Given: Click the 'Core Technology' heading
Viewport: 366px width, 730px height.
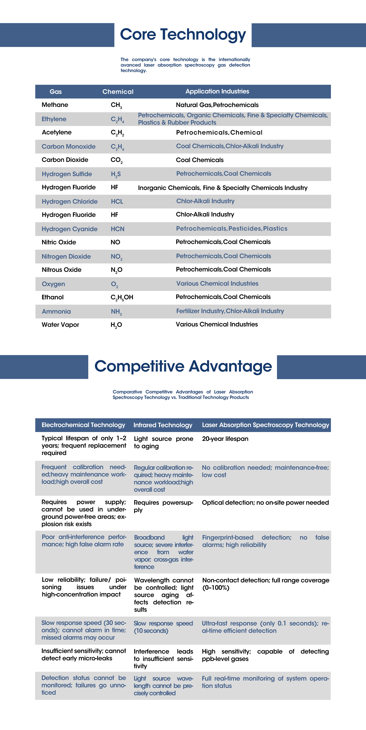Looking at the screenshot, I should pyautogui.click(x=183, y=35).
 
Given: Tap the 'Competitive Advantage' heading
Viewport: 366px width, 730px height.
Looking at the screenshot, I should pyautogui.click(x=183, y=366).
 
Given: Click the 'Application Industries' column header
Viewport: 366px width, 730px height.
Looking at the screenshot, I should pyautogui.click(x=217, y=91).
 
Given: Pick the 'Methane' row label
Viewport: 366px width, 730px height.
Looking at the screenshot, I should pyautogui.click(x=55, y=105).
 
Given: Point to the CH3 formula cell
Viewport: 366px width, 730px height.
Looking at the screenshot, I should pyautogui.click(x=116, y=105).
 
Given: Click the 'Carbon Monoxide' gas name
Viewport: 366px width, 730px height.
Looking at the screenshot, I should pyautogui.click(x=68, y=146).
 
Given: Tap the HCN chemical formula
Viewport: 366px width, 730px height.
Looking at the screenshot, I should pyautogui.click(x=117, y=229).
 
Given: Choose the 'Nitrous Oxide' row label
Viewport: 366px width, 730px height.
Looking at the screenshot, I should pyautogui.click(x=61, y=270).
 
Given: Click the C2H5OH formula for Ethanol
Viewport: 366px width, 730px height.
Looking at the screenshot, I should pyautogui.click(x=122, y=297).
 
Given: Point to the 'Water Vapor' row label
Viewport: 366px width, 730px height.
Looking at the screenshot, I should pyautogui.click(x=60, y=325).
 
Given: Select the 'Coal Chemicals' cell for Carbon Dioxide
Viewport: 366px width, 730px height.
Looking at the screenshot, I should pyautogui.click(x=200, y=160).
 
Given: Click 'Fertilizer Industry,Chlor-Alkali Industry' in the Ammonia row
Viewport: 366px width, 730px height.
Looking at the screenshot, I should pyautogui.click(x=230, y=311).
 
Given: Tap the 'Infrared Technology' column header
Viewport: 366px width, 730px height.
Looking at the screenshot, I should pyautogui.click(x=163, y=425).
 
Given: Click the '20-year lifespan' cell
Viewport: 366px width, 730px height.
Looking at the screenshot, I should pyautogui.click(x=225, y=439).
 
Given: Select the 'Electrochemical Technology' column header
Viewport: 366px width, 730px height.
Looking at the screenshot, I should pyautogui.click(x=83, y=425).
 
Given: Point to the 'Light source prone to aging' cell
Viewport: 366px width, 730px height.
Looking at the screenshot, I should pyautogui.click(x=163, y=442).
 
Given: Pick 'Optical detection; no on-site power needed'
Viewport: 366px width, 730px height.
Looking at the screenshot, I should pyautogui.click(x=265, y=502).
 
